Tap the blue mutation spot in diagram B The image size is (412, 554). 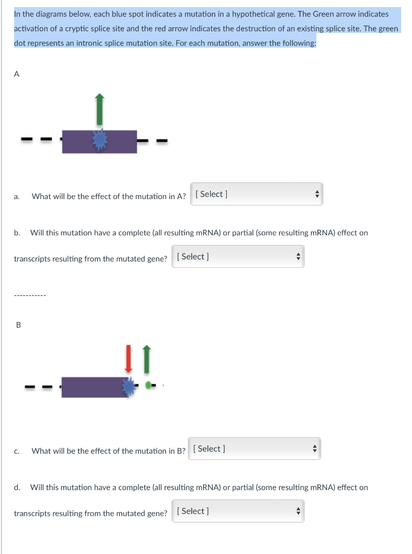129,386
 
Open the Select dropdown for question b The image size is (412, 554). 238,257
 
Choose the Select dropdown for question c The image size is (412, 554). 254,449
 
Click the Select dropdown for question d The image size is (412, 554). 238,511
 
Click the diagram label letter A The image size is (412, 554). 16,75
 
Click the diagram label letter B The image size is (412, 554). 18,325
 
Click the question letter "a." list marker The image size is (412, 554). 17,196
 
